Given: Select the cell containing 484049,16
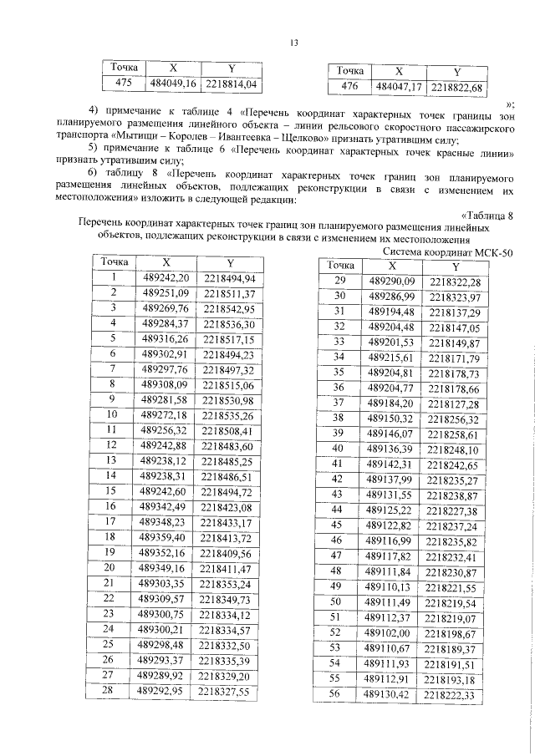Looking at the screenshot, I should tap(172, 84).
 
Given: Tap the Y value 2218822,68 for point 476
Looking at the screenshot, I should tap(456, 87).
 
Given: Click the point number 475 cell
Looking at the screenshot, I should tap(122, 84).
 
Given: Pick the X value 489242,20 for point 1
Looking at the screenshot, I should tap(167, 277).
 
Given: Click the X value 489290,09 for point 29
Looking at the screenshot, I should tap(392, 281).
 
